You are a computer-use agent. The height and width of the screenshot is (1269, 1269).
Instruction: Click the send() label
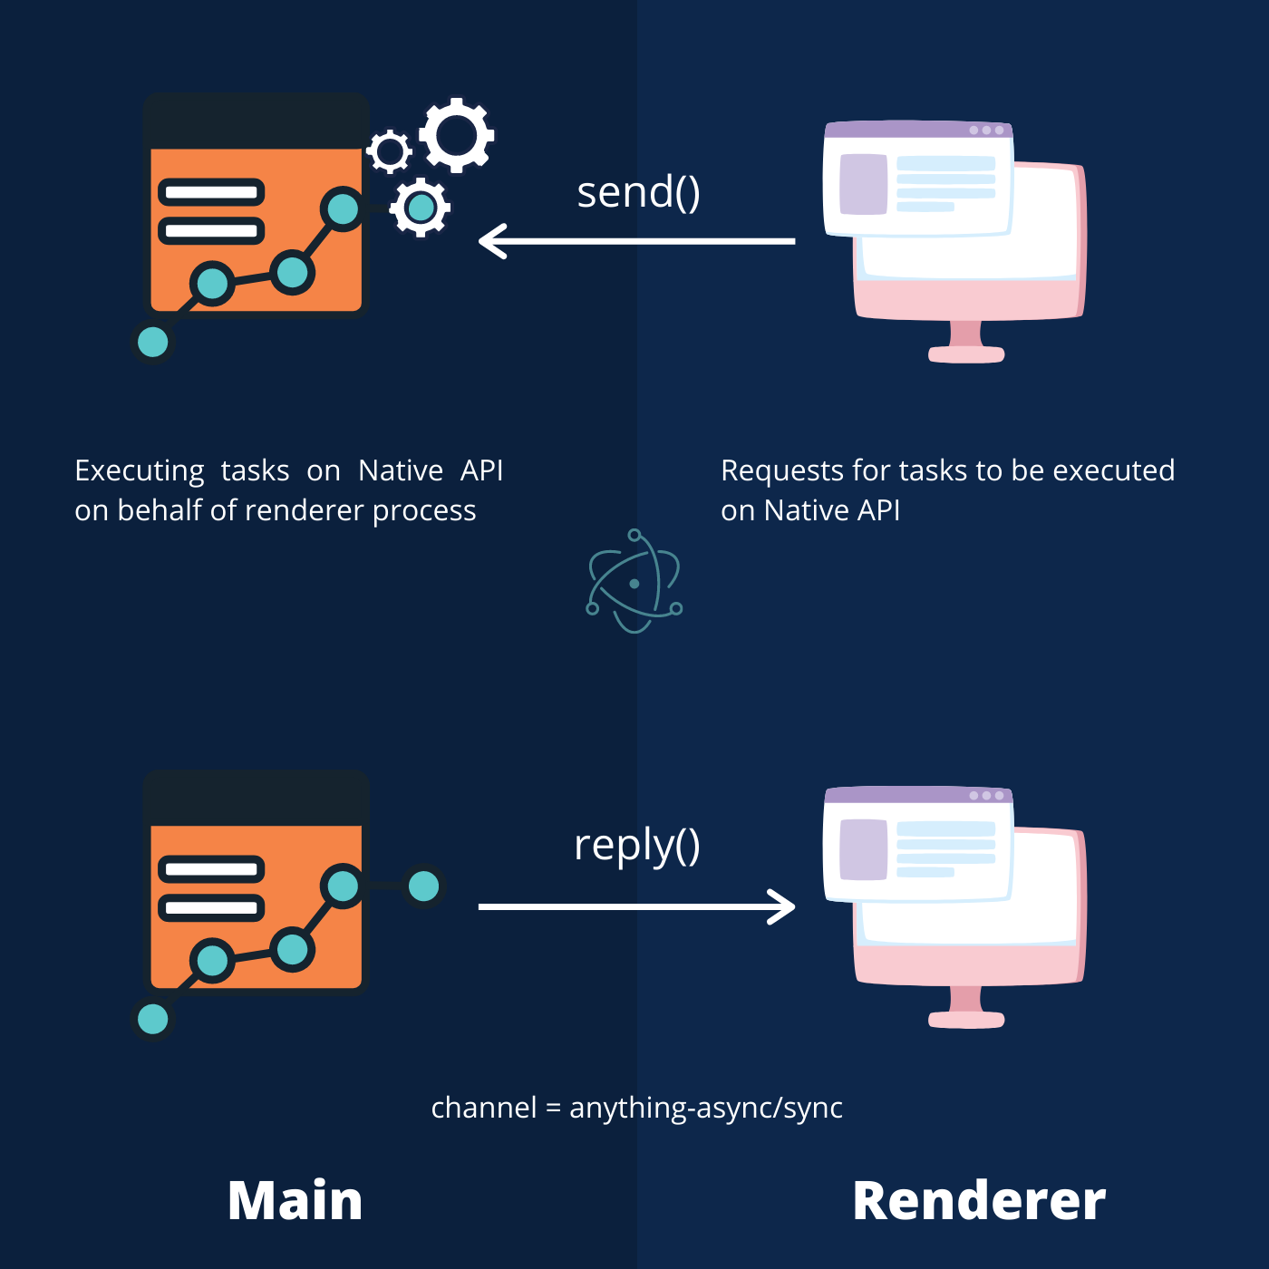(638, 192)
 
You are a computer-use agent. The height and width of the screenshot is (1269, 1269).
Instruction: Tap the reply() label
(636, 845)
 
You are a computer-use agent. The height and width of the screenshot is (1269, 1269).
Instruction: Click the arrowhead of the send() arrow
(491, 242)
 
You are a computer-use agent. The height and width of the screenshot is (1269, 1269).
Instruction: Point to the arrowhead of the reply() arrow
(781, 906)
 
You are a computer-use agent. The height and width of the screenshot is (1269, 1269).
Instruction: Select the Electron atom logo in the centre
(634, 583)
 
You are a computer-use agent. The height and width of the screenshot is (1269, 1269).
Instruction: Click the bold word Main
(295, 1201)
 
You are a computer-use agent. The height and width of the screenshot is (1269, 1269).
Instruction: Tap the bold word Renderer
(979, 1201)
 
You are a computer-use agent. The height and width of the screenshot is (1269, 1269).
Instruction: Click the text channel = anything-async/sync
(636, 1108)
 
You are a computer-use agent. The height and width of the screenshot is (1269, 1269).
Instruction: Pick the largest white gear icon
(457, 135)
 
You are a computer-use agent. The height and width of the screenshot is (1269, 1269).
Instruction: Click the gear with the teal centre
(420, 208)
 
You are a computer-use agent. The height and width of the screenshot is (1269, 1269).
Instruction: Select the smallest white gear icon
(390, 151)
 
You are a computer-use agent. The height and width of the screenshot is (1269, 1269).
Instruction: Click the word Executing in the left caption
(140, 470)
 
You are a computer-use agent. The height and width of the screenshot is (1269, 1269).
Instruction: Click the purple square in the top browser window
(863, 184)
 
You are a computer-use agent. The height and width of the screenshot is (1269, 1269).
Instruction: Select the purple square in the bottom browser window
(863, 849)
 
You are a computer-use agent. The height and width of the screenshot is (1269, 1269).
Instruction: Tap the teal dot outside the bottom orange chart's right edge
(423, 886)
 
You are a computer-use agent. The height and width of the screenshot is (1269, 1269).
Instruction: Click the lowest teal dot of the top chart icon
(152, 343)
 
